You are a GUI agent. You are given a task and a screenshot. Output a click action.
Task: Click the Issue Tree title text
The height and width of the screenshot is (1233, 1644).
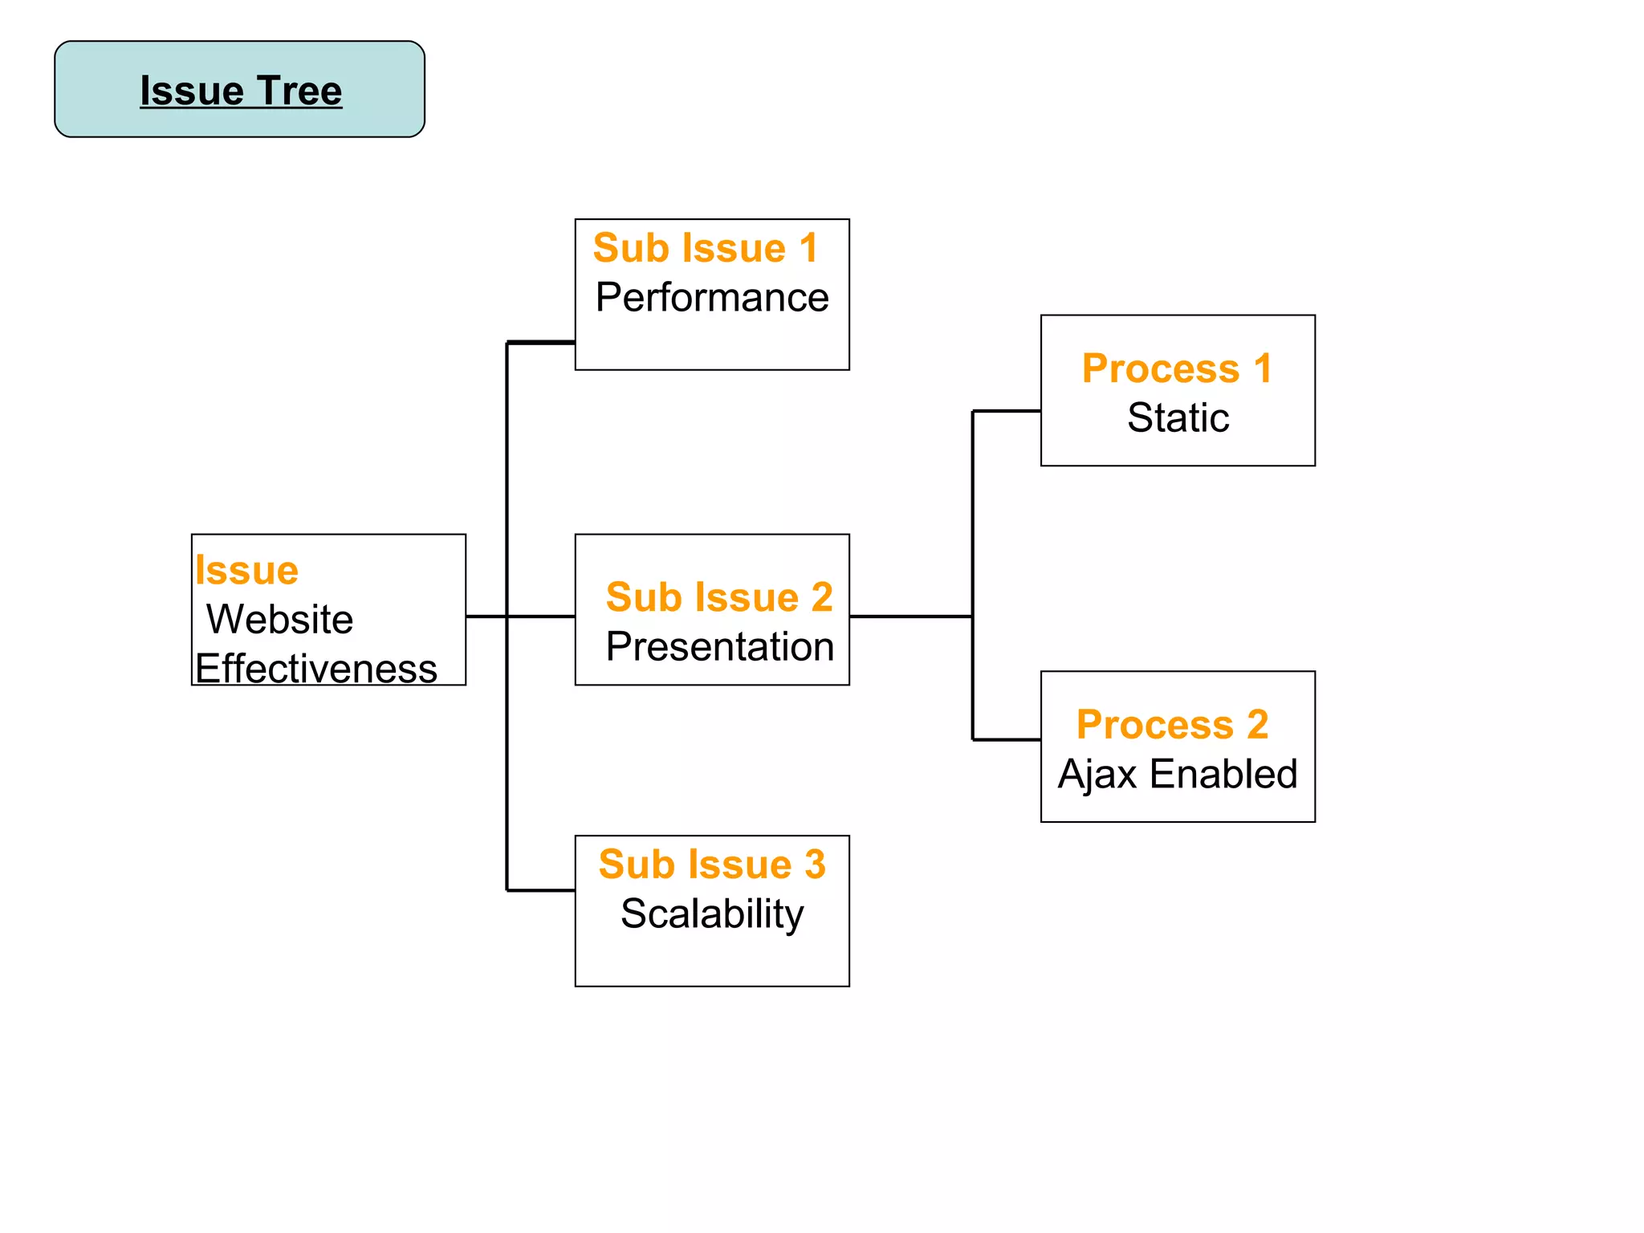coord(241,90)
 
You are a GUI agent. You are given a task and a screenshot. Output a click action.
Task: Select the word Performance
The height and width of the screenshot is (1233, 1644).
coord(712,298)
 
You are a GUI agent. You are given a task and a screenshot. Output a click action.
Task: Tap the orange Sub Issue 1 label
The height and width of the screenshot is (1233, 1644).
coord(705,248)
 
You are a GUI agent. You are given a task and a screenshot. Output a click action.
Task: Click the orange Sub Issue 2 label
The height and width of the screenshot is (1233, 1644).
coord(719,597)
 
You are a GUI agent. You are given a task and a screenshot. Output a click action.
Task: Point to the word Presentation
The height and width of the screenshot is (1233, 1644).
coord(720,647)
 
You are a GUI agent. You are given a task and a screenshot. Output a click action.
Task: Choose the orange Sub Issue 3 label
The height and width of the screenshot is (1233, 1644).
coord(712,865)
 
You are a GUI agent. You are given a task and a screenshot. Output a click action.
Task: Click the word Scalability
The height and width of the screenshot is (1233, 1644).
coord(712,914)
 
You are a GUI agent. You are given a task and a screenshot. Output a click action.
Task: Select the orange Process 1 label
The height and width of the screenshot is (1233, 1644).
coord(1177,368)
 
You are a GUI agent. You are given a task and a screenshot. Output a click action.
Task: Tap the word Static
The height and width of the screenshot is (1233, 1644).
coord(1178,418)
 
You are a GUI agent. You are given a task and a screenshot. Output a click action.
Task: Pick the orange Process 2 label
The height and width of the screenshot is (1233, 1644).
coord(1172,725)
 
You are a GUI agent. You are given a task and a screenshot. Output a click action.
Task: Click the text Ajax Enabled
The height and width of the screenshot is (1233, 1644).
coord(1178,775)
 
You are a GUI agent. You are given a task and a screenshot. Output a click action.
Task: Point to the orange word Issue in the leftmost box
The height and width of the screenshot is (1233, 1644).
coord(246,571)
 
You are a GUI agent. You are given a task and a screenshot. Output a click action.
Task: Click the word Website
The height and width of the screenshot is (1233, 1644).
coord(279,620)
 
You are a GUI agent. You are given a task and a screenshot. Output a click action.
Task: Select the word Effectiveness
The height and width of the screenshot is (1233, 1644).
coord(316,669)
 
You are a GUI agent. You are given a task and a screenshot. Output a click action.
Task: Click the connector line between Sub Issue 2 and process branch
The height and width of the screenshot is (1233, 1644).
coord(910,616)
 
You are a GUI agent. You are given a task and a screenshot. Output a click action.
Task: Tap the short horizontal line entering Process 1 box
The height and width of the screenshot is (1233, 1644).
coord(1007,411)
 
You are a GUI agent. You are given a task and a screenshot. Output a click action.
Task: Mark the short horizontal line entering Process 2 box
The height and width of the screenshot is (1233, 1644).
coord(1007,739)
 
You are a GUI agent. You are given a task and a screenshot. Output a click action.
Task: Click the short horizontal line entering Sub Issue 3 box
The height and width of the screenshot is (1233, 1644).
coord(541,890)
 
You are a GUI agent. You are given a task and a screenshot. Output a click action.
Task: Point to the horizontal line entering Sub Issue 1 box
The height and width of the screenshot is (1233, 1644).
coord(541,343)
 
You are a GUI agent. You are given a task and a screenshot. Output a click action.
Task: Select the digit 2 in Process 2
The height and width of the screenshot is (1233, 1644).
coord(1257,725)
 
